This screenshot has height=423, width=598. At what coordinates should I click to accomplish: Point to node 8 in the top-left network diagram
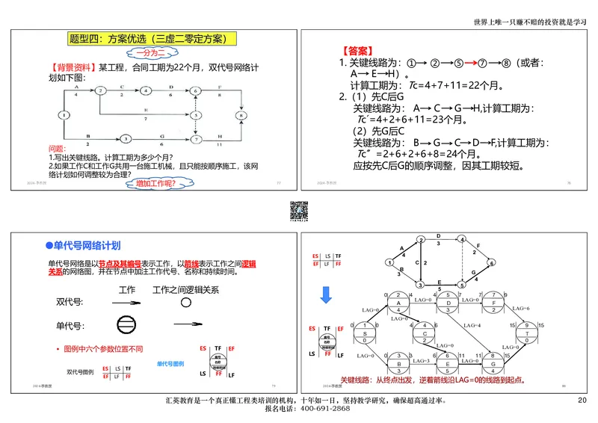pyautogui.click(x=239, y=115)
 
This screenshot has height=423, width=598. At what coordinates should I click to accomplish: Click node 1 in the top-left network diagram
pyautogui.click(x=64, y=115)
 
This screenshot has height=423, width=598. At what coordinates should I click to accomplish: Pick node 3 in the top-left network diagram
pyautogui.click(x=126, y=139)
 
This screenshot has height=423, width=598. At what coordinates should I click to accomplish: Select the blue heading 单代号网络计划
pyautogui.click(x=87, y=244)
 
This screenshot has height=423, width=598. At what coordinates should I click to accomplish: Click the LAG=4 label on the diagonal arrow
pyautogui.click(x=471, y=326)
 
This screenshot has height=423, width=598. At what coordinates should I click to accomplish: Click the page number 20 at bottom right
pyautogui.click(x=582, y=401)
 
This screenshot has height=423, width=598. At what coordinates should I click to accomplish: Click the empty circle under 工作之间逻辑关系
pyautogui.click(x=185, y=303)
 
